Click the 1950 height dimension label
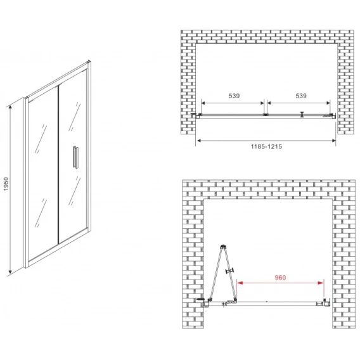6,184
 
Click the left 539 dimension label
234,96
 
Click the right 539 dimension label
301,96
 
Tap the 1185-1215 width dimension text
266,146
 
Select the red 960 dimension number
280,278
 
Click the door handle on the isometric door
75,157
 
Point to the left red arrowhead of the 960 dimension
240,283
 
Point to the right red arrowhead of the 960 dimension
321,283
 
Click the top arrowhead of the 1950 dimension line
10,108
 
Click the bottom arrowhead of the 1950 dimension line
10,271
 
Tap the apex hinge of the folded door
223,247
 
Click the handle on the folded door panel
231,271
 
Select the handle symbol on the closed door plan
302,114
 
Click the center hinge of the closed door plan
266,114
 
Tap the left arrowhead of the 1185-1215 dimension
199,141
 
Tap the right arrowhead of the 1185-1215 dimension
333,141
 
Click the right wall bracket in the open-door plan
326,302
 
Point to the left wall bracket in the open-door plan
206,303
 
